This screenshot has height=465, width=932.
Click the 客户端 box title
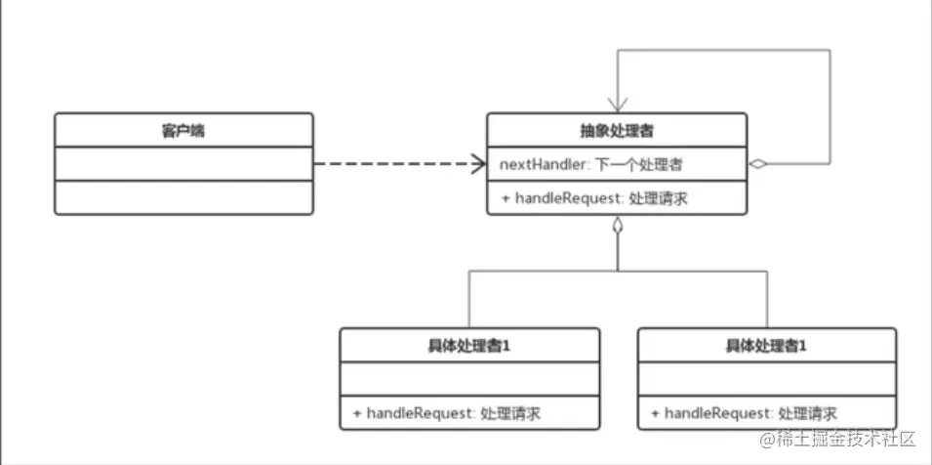183,131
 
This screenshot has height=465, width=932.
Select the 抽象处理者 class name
617,131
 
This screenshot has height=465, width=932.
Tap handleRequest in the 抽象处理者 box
562,198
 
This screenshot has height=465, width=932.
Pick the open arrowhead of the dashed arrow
478,164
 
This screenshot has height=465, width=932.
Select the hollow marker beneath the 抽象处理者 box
617,227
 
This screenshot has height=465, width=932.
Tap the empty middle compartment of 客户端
183,164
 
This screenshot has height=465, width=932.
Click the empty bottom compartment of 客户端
183,197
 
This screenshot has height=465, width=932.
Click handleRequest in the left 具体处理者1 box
414,413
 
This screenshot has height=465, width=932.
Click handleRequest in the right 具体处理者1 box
711,413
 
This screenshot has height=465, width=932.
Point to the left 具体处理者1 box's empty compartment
468,379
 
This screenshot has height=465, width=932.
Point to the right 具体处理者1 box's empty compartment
766,379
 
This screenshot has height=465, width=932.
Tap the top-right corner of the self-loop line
831,51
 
